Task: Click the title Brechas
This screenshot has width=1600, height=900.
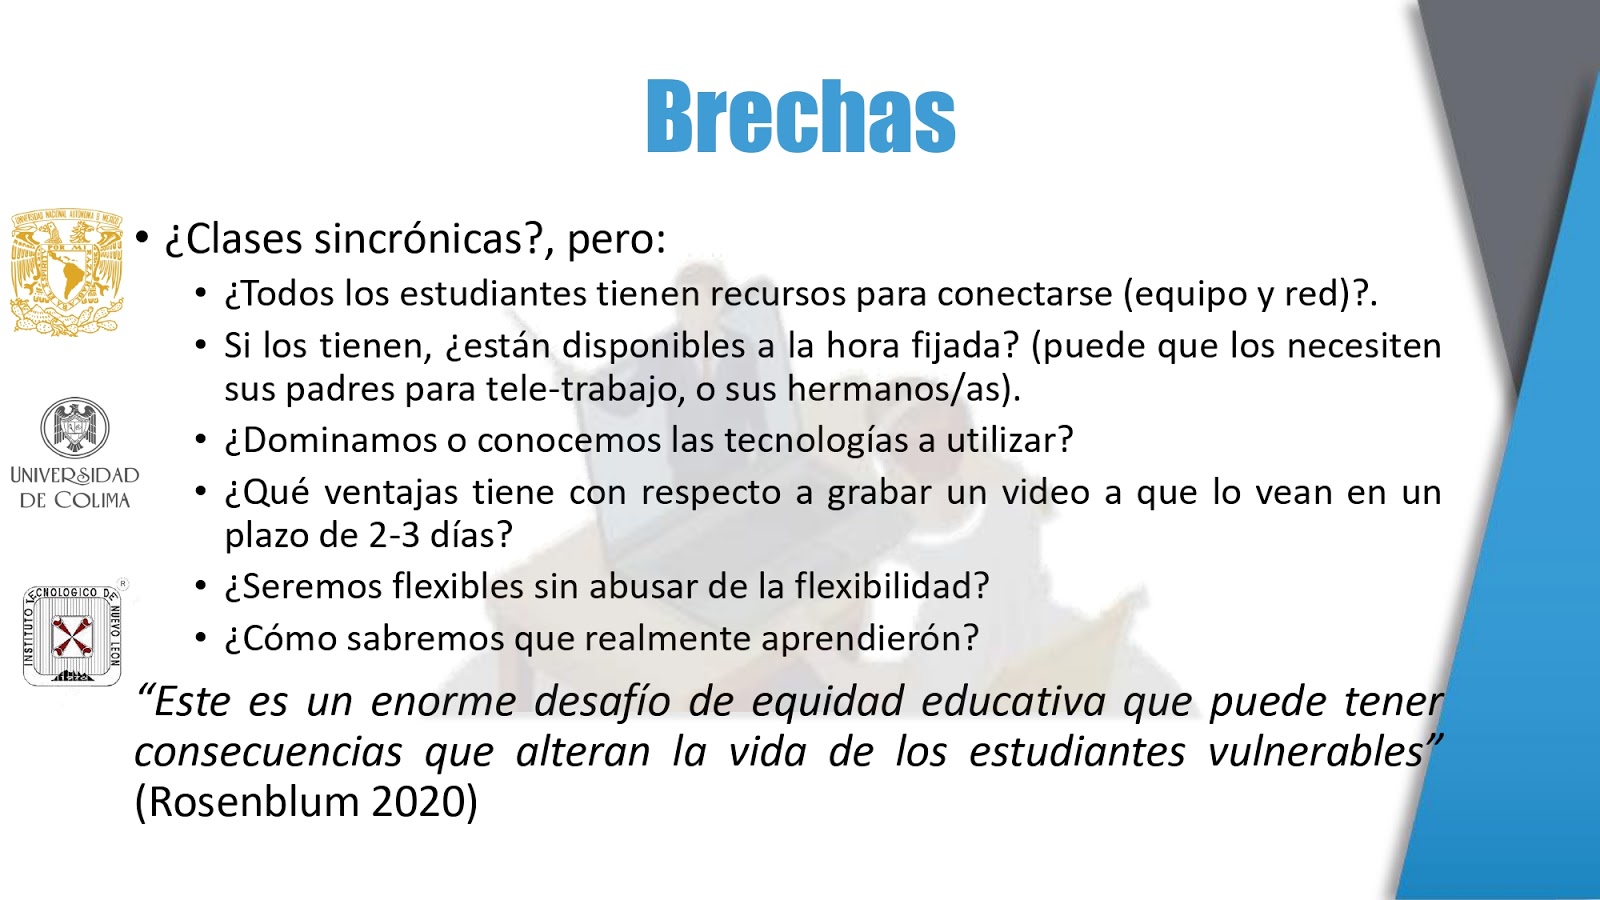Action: (801, 116)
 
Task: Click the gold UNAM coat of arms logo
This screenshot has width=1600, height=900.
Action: (67, 272)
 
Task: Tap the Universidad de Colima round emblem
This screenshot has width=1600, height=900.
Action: (75, 427)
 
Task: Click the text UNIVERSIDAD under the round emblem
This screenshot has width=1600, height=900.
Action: (75, 476)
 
